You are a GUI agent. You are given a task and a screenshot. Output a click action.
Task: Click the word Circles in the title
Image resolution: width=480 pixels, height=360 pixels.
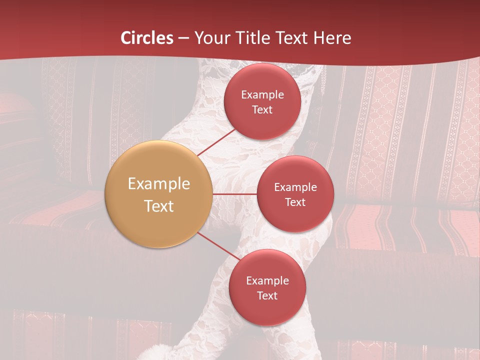point(147,38)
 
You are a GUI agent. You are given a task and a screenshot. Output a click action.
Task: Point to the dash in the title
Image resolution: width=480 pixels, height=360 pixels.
point(183,38)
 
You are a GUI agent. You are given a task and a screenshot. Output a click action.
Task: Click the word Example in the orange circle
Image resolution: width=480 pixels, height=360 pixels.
point(159,184)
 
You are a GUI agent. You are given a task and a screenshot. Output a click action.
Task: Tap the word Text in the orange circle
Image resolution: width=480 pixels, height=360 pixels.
point(159,206)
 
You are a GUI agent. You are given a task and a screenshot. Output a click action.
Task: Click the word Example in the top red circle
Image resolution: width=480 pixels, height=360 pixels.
point(262,95)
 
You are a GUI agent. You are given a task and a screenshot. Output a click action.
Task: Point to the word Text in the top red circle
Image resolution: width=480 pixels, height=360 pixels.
point(262,110)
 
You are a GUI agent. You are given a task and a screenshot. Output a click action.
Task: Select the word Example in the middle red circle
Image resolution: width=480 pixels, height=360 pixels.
point(295,187)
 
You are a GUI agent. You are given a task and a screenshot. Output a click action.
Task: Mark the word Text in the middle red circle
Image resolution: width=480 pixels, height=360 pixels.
point(295,202)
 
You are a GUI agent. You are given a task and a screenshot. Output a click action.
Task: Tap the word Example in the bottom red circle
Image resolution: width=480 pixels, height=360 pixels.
point(267,281)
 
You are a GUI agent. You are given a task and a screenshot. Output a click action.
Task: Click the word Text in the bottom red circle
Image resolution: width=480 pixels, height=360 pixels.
point(267,296)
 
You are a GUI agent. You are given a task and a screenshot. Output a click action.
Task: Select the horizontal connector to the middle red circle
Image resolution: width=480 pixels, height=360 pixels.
point(234,193)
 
